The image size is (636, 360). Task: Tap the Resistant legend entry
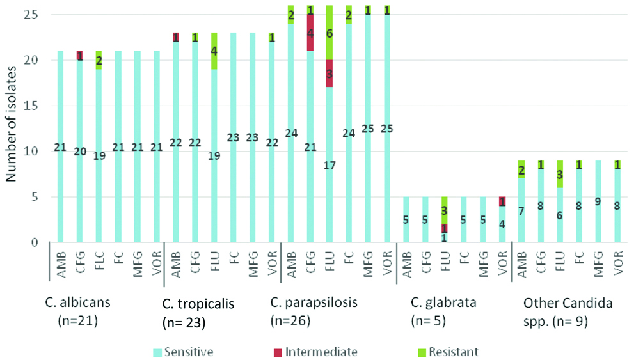click(451, 351)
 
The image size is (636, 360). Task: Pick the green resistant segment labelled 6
click(330, 33)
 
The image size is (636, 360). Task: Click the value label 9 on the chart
click(598, 201)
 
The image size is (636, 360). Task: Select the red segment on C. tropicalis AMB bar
click(175, 37)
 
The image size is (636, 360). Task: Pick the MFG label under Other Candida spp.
click(598, 262)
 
